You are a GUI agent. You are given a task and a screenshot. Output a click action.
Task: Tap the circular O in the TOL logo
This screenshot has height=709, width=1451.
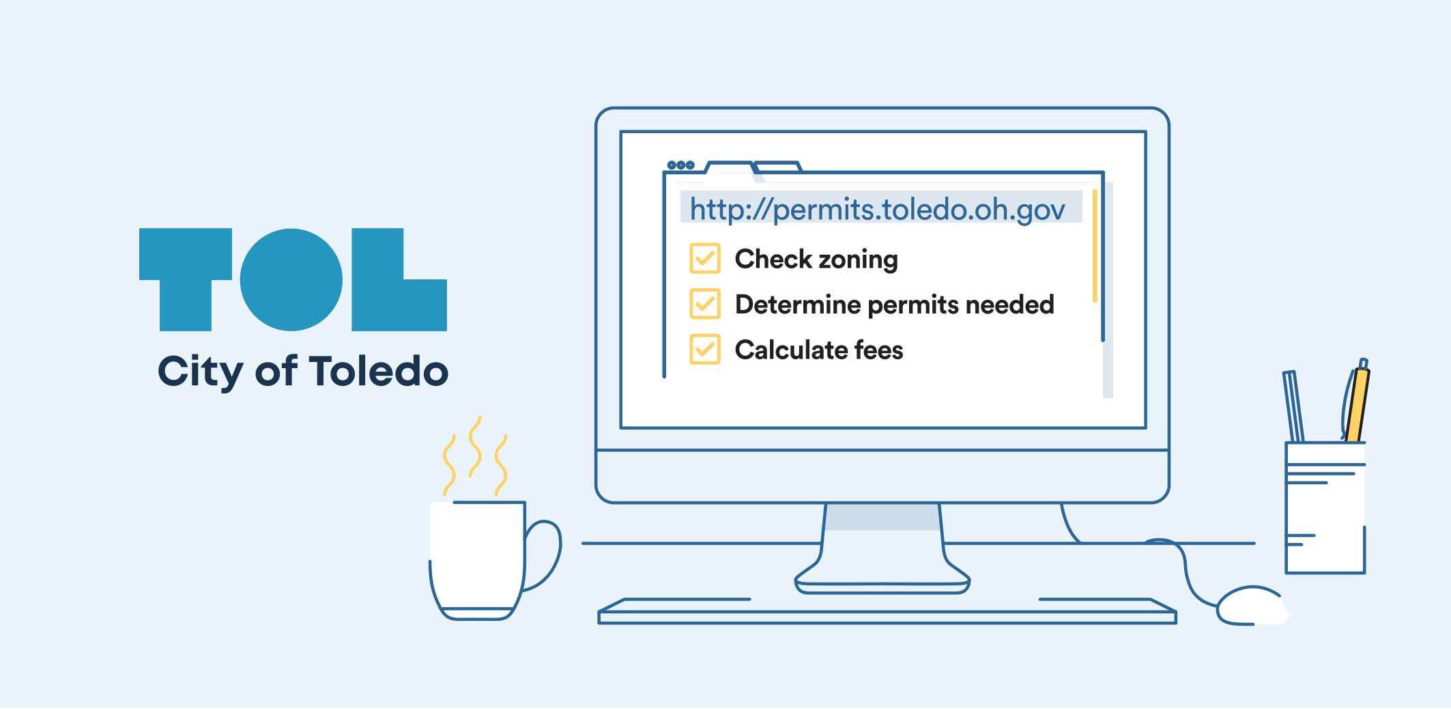[x=291, y=279]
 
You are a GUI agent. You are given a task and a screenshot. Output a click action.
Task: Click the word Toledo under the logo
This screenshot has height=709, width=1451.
[x=379, y=371]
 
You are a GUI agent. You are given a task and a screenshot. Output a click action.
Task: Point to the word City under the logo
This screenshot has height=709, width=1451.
[x=201, y=373]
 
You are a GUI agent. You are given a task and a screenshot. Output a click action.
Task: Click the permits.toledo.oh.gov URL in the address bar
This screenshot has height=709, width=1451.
[x=877, y=208]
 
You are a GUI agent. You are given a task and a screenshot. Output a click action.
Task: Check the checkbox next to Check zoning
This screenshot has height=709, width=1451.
[x=705, y=258]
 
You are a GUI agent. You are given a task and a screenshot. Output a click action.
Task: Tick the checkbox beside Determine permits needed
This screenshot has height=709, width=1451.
[x=705, y=304]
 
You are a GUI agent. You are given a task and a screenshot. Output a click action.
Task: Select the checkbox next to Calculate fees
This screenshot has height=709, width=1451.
[x=705, y=349]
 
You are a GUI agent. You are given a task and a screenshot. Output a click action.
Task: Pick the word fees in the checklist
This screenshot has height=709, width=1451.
[x=879, y=350]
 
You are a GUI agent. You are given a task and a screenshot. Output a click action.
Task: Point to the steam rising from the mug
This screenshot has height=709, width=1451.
[x=475, y=456]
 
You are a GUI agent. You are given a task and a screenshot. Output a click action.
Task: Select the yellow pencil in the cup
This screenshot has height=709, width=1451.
[x=1357, y=403]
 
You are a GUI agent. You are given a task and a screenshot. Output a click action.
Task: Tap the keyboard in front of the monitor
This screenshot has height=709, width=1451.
[x=887, y=611]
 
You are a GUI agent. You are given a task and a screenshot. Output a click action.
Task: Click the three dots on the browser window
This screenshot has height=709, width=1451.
[x=680, y=165]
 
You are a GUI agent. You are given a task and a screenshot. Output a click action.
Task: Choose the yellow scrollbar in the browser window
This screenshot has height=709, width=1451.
[x=1095, y=246]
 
